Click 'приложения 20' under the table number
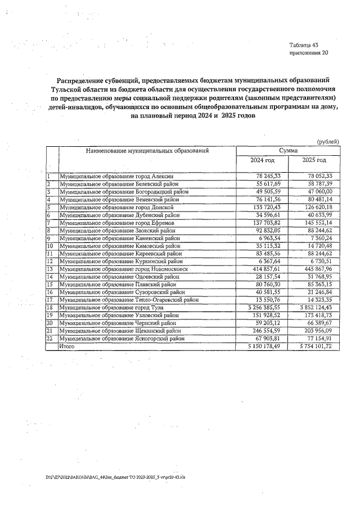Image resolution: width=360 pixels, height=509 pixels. pyautogui.click(x=308, y=53)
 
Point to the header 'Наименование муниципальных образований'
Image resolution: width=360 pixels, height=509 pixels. pyautogui.click(x=147, y=151)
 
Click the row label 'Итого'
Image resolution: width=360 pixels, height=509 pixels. pyautogui.click(x=67, y=347)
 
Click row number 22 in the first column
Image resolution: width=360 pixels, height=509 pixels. pyautogui.click(x=50, y=339)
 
